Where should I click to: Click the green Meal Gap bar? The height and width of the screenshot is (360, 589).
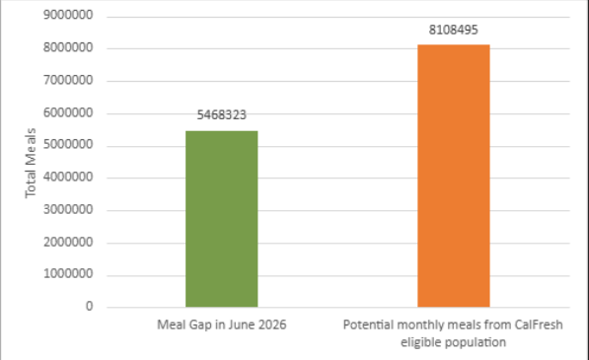click(222, 219)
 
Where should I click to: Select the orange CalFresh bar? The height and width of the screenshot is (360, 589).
click(454, 176)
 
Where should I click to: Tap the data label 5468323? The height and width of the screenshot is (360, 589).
click(222, 114)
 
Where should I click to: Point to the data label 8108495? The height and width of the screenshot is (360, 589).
click(454, 30)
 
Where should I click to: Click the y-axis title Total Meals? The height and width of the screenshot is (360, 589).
click(31, 163)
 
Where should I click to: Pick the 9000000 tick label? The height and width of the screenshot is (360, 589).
click(68, 15)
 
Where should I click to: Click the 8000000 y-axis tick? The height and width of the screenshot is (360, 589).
click(68, 47)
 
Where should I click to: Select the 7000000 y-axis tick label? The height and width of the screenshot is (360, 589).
click(68, 80)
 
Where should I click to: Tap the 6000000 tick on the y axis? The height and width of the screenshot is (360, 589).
click(68, 112)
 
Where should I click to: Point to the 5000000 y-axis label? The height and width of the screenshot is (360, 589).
click(68, 145)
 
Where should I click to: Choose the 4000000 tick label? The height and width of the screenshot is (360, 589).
click(68, 177)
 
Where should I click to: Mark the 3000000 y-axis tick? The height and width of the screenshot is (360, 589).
click(68, 209)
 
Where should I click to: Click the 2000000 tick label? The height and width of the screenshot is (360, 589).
click(68, 242)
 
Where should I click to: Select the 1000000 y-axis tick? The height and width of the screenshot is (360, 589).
click(68, 274)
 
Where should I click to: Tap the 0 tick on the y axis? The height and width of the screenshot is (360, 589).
click(89, 307)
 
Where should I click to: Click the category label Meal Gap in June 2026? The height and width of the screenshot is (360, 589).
click(222, 324)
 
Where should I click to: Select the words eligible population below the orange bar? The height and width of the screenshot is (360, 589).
click(453, 342)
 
